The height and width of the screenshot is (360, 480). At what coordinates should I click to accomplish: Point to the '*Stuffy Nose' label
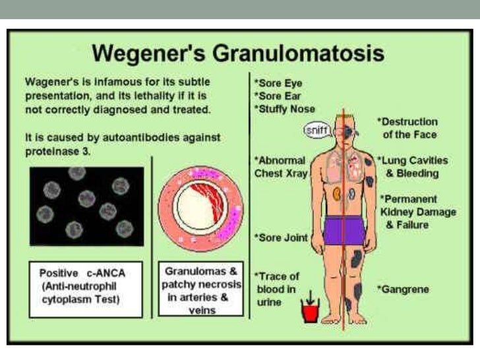(x=284, y=108)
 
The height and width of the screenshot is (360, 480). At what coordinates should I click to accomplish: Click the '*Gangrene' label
(x=403, y=289)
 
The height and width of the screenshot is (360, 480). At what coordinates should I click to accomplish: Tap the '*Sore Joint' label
(x=281, y=237)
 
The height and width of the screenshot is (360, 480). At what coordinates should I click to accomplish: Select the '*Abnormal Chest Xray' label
(x=280, y=166)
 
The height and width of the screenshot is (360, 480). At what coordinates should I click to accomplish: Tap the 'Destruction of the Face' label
(x=407, y=128)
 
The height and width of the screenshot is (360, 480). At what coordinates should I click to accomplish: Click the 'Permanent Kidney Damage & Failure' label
(x=409, y=212)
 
